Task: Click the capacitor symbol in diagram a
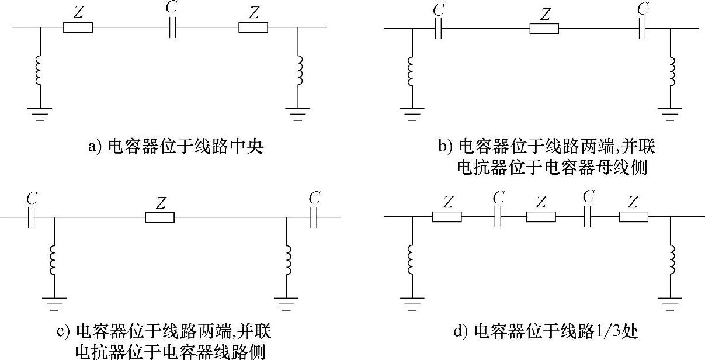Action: pyautogui.click(x=172, y=27)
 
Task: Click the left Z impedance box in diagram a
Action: pyautogui.click(x=78, y=27)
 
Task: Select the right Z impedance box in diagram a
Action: pyautogui.click(x=253, y=27)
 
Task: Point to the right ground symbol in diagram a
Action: pyautogui.click(x=298, y=113)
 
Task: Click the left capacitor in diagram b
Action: pyautogui.click(x=439, y=28)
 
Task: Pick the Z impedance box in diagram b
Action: pyautogui.click(x=544, y=28)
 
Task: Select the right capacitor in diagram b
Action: pyautogui.click(x=643, y=28)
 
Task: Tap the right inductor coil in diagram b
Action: pyautogui.click(x=670, y=70)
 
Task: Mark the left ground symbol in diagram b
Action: pyautogui.click(x=412, y=113)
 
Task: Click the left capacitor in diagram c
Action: pyautogui.click(x=33, y=217)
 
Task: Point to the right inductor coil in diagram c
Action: pyautogui.click(x=286, y=260)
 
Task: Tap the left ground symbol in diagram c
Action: pyautogui.click(x=54, y=303)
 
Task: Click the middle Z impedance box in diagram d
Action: pyautogui.click(x=541, y=217)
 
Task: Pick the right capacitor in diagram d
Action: pyautogui.click(x=588, y=217)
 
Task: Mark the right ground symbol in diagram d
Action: pyautogui.click(x=670, y=303)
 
